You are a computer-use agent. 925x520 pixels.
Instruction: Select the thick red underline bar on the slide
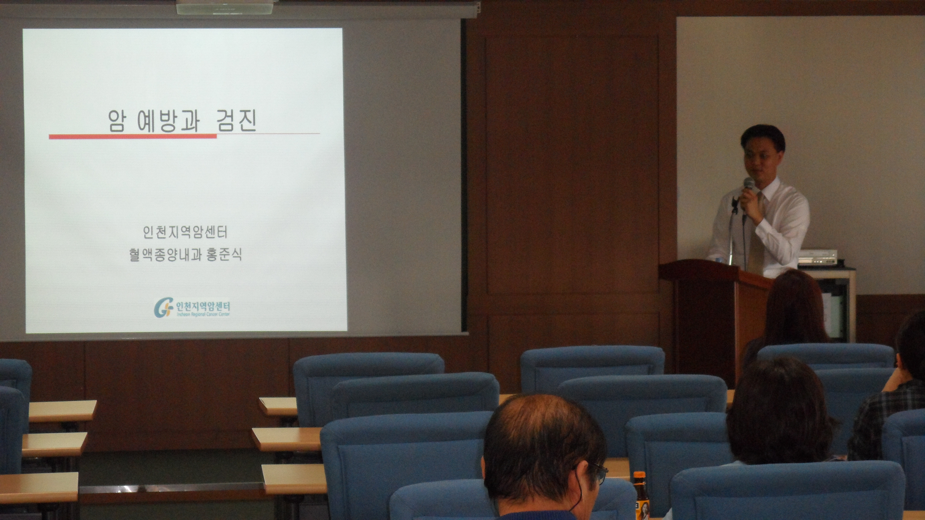click(x=133, y=136)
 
